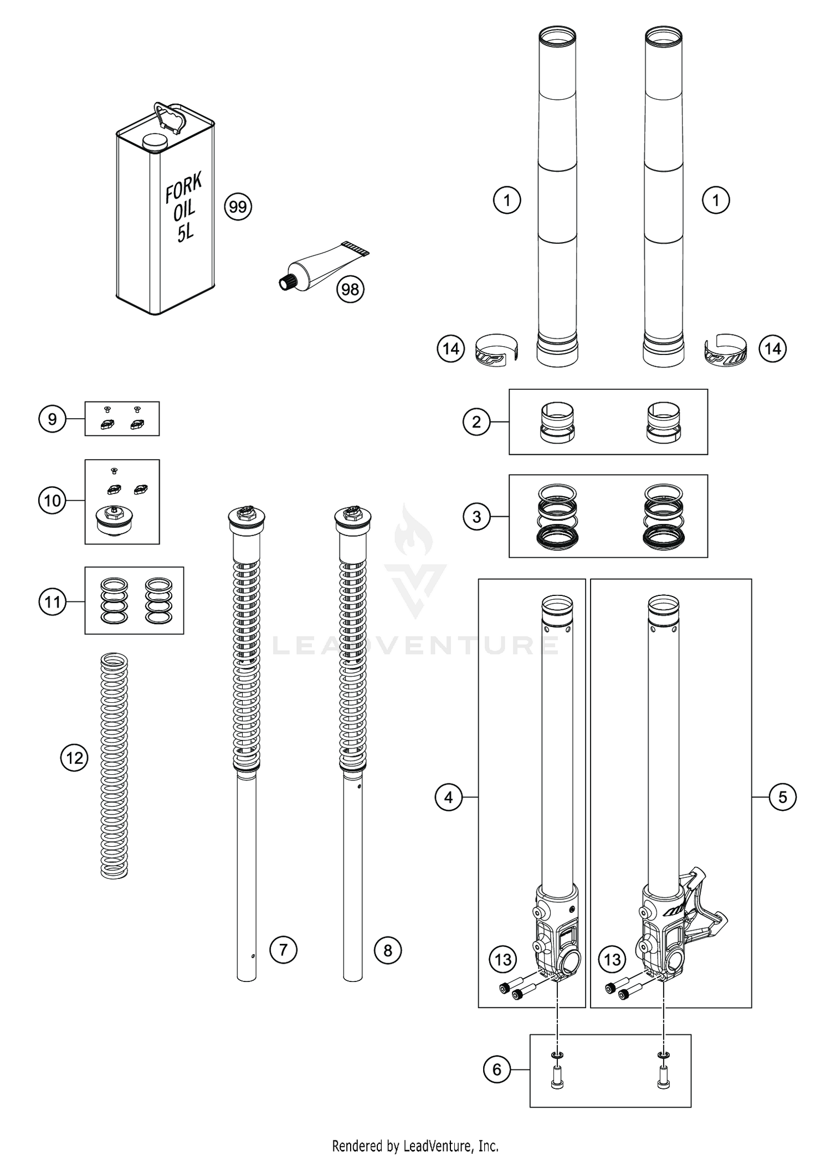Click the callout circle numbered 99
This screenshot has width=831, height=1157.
tap(238, 207)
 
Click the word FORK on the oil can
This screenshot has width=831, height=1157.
tap(184, 187)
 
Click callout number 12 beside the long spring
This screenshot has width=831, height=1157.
tap(74, 758)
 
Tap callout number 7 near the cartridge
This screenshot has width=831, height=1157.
tap(283, 950)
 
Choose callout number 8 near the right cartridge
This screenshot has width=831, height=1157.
tap(387, 950)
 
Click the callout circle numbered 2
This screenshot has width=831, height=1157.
tap(476, 422)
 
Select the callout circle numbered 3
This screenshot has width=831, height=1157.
tap(476, 517)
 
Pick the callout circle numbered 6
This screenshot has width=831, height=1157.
tap(497, 1069)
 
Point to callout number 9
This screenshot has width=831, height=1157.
tap(52, 419)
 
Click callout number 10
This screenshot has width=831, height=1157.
tap(52, 501)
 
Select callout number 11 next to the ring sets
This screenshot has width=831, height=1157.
tap(52, 601)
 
